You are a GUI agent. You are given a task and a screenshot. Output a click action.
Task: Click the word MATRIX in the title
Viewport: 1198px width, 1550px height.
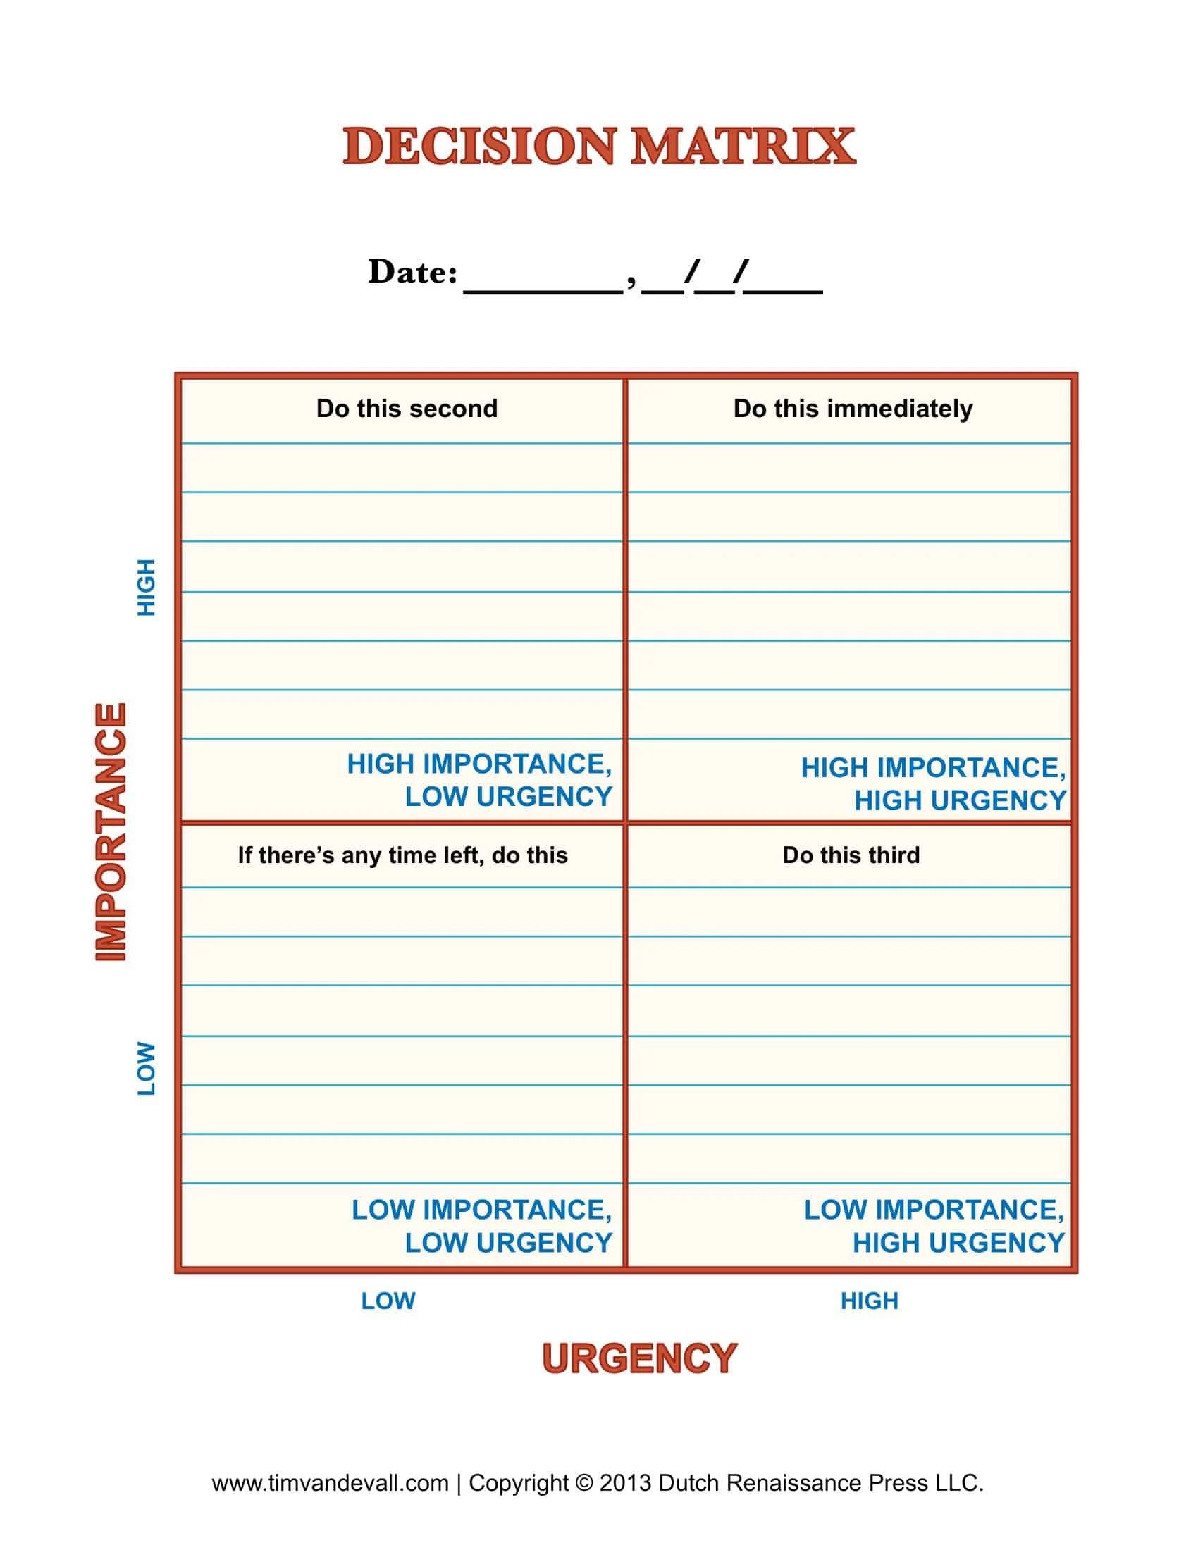coord(743,147)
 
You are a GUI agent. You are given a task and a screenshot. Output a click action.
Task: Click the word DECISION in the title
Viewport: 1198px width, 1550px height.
coord(480,147)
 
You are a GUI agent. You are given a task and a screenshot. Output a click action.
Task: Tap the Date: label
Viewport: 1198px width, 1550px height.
coord(412,272)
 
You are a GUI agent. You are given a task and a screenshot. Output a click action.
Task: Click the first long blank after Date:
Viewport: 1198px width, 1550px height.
coord(543,292)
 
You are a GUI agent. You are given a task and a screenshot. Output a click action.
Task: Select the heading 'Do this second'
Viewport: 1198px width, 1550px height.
coord(407,409)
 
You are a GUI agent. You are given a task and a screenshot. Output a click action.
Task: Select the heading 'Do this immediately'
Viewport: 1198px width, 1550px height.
coord(853,409)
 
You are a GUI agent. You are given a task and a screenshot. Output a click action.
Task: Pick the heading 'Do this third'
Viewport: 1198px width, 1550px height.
coord(851,855)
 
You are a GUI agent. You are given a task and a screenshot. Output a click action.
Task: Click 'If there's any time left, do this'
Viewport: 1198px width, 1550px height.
coord(402,855)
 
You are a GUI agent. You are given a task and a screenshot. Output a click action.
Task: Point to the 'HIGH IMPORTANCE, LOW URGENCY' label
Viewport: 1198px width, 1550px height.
coord(479,780)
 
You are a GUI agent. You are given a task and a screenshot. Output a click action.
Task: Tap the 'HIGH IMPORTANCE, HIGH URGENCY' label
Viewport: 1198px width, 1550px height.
coord(933,783)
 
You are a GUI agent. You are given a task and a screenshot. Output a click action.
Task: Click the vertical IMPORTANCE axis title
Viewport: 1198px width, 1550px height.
coord(111,832)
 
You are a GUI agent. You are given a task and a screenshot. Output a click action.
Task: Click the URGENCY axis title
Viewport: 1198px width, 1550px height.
coord(639,1358)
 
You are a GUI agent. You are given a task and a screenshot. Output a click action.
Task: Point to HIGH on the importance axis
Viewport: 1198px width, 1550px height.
coord(145,588)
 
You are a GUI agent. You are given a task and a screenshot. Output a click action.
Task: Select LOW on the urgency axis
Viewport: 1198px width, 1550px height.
coord(388,1300)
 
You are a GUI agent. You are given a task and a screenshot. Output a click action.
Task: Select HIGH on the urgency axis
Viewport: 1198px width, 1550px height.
coord(870,1300)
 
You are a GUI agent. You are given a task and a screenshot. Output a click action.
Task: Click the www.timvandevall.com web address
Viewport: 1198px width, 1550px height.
coord(330,1482)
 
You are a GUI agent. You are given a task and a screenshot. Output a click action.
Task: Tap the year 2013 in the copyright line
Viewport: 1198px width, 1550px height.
coord(625,1482)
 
